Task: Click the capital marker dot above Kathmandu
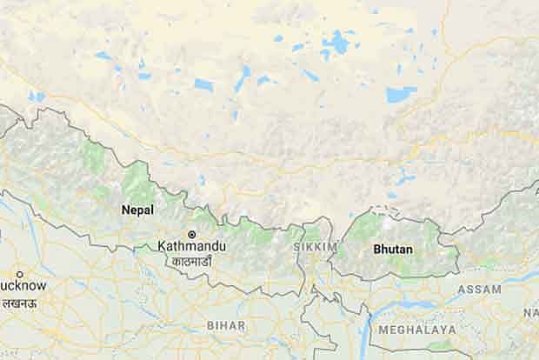[x=193, y=235]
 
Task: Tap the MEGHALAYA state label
[x=416, y=330]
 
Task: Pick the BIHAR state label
[x=226, y=324]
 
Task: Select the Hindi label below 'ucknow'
[x=17, y=297]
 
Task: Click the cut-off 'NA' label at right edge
[x=530, y=311]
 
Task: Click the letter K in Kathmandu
[x=162, y=247]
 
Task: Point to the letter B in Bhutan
[x=376, y=249]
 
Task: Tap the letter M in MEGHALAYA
[x=383, y=330]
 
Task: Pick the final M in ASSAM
[x=496, y=289]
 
